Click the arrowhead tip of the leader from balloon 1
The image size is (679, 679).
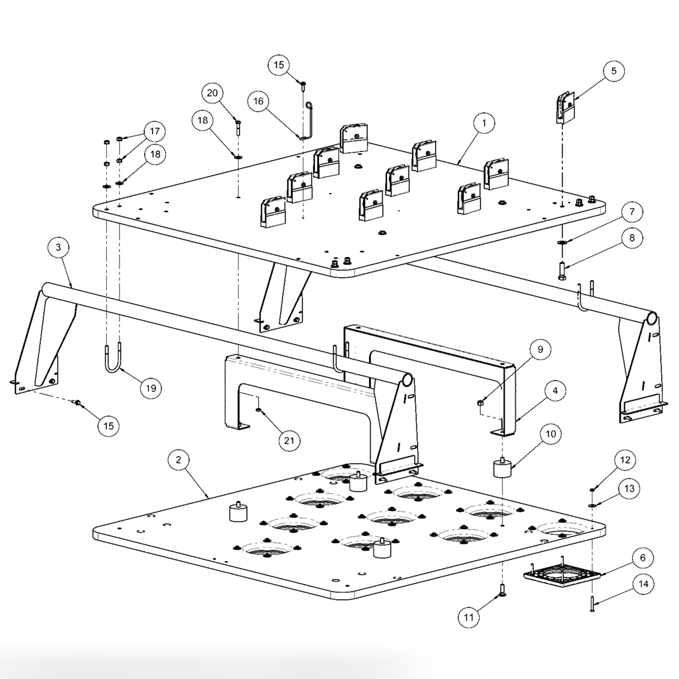(x=457, y=164)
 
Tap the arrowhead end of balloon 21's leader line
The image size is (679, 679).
(x=258, y=409)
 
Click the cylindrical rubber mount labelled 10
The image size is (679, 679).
(x=502, y=468)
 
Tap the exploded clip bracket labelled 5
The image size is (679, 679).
(x=565, y=106)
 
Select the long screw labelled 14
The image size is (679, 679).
(x=592, y=603)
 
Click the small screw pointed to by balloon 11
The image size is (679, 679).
(x=502, y=590)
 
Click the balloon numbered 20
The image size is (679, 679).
(x=212, y=93)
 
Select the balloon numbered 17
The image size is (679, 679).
(x=154, y=131)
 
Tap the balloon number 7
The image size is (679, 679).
(x=632, y=212)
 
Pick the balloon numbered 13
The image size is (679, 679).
(x=629, y=489)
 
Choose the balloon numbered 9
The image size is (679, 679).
(x=540, y=350)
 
